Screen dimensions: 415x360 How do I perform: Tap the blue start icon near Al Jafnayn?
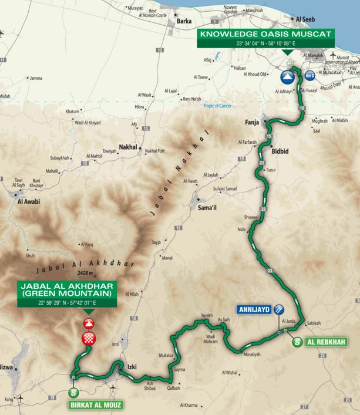pyautogui.click(x=287, y=76)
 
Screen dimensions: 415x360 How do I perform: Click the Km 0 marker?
pyautogui.click(x=309, y=75)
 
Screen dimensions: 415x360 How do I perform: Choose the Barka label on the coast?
pyautogui.click(x=186, y=22)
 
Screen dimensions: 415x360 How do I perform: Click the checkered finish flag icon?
pyautogui.click(x=89, y=338)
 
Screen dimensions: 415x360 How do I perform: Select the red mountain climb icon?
pyautogui.click(x=89, y=323)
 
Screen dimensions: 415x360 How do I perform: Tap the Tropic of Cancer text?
pyautogui.click(x=218, y=105)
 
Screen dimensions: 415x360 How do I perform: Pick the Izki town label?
pyautogui.click(x=132, y=367)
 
